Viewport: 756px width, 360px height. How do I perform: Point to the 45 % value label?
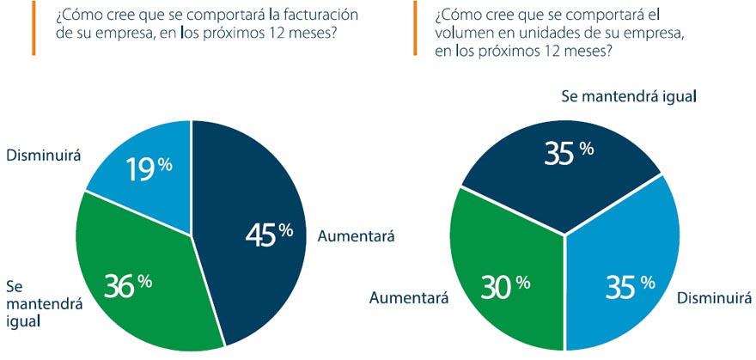269,233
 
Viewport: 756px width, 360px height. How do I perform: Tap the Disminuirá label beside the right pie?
714,298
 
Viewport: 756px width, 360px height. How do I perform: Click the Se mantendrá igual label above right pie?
628,96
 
